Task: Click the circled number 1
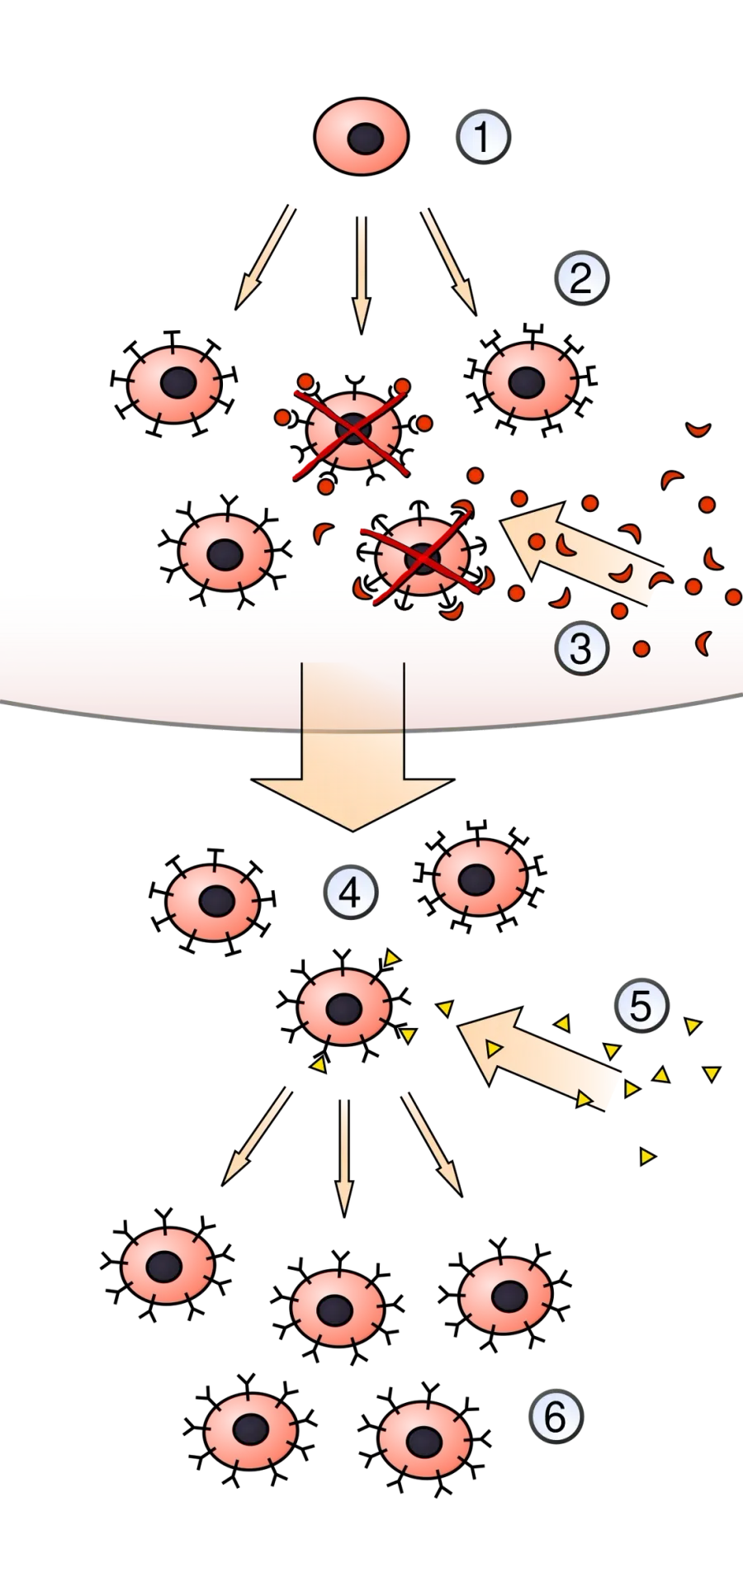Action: point(483,137)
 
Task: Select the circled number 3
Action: point(581,648)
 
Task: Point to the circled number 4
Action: point(350,893)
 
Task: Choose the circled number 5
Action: point(641,1006)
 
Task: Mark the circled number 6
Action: point(556,1417)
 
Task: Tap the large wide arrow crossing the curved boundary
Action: point(353,747)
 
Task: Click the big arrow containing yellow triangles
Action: point(538,1057)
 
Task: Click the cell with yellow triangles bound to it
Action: point(343,1009)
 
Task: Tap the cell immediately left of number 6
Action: point(424,1439)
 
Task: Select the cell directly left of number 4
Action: point(212,901)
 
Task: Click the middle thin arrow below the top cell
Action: point(360,275)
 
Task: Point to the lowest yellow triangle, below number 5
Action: point(647,1157)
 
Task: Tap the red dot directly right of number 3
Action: point(641,648)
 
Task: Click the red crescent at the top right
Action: point(698,429)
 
